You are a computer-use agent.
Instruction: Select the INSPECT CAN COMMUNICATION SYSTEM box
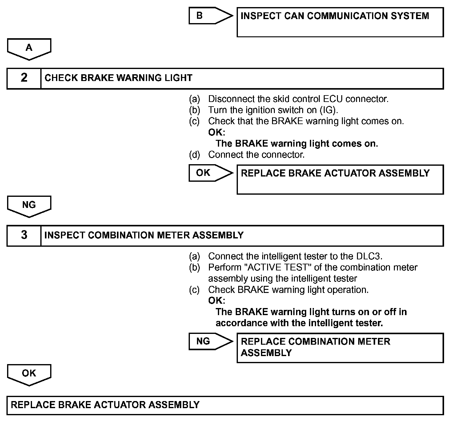(340, 22)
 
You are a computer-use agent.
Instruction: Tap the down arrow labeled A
(29, 49)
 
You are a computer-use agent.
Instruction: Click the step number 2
(24, 78)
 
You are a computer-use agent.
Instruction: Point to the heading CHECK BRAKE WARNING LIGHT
(118, 78)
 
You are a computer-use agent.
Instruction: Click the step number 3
(24, 235)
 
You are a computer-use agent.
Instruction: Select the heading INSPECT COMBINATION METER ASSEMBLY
(144, 235)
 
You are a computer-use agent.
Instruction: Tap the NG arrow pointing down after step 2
(29, 206)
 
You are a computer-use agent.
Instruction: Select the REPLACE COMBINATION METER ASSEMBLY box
(340, 347)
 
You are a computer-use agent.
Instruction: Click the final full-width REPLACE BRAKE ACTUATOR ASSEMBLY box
(225, 405)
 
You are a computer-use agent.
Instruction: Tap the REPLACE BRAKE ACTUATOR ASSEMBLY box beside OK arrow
(340, 179)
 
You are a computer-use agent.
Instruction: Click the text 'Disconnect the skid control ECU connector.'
(298, 99)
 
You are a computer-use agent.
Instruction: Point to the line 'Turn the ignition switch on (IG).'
(273, 110)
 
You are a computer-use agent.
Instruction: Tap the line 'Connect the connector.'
(256, 155)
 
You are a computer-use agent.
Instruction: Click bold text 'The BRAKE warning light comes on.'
(297, 144)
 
